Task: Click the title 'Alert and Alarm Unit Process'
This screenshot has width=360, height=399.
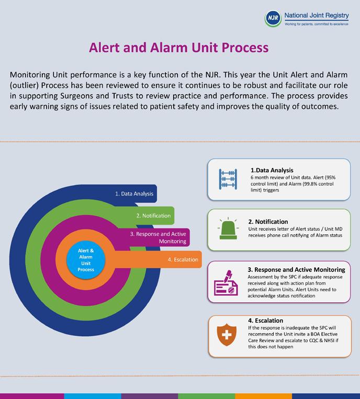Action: [179, 48]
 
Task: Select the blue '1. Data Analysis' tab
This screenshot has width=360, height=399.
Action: [134, 193]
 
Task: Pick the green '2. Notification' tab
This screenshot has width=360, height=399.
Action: [153, 215]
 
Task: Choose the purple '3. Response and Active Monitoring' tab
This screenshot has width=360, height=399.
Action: [159, 237]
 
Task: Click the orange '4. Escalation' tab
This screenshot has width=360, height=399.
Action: [183, 259]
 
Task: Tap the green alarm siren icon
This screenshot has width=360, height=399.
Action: [227, 229]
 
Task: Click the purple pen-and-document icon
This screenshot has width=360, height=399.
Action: [226, 282]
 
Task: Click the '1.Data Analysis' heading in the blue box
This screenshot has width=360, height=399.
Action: [272, 170]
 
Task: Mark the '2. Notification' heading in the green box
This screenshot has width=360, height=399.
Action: [268, 222]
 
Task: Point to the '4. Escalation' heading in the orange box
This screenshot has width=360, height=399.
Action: [265, 321]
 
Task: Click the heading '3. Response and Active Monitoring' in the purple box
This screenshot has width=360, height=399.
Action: [296, 270]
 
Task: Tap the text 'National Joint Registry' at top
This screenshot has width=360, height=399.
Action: [317, 16]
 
